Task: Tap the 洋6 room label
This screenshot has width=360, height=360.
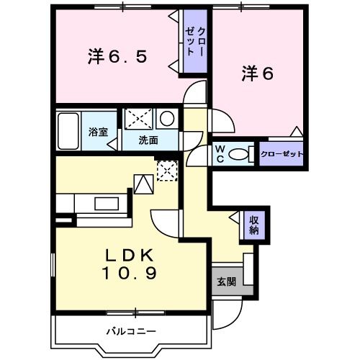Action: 257,73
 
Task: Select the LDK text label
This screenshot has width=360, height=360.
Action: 130,256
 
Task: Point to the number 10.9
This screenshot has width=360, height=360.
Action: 130,274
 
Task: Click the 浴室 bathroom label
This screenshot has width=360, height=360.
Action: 98,132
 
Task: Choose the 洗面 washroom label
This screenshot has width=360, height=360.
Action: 149,139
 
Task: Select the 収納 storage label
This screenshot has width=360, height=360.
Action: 254,225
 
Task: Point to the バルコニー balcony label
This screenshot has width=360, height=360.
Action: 131,331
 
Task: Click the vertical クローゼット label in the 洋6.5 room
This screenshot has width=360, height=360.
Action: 194,42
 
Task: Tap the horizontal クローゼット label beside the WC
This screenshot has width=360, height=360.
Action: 282,154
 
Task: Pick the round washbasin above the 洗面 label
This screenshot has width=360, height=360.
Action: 166,119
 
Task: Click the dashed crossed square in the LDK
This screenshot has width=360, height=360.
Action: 167,171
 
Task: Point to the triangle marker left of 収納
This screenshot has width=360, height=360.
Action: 235,217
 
